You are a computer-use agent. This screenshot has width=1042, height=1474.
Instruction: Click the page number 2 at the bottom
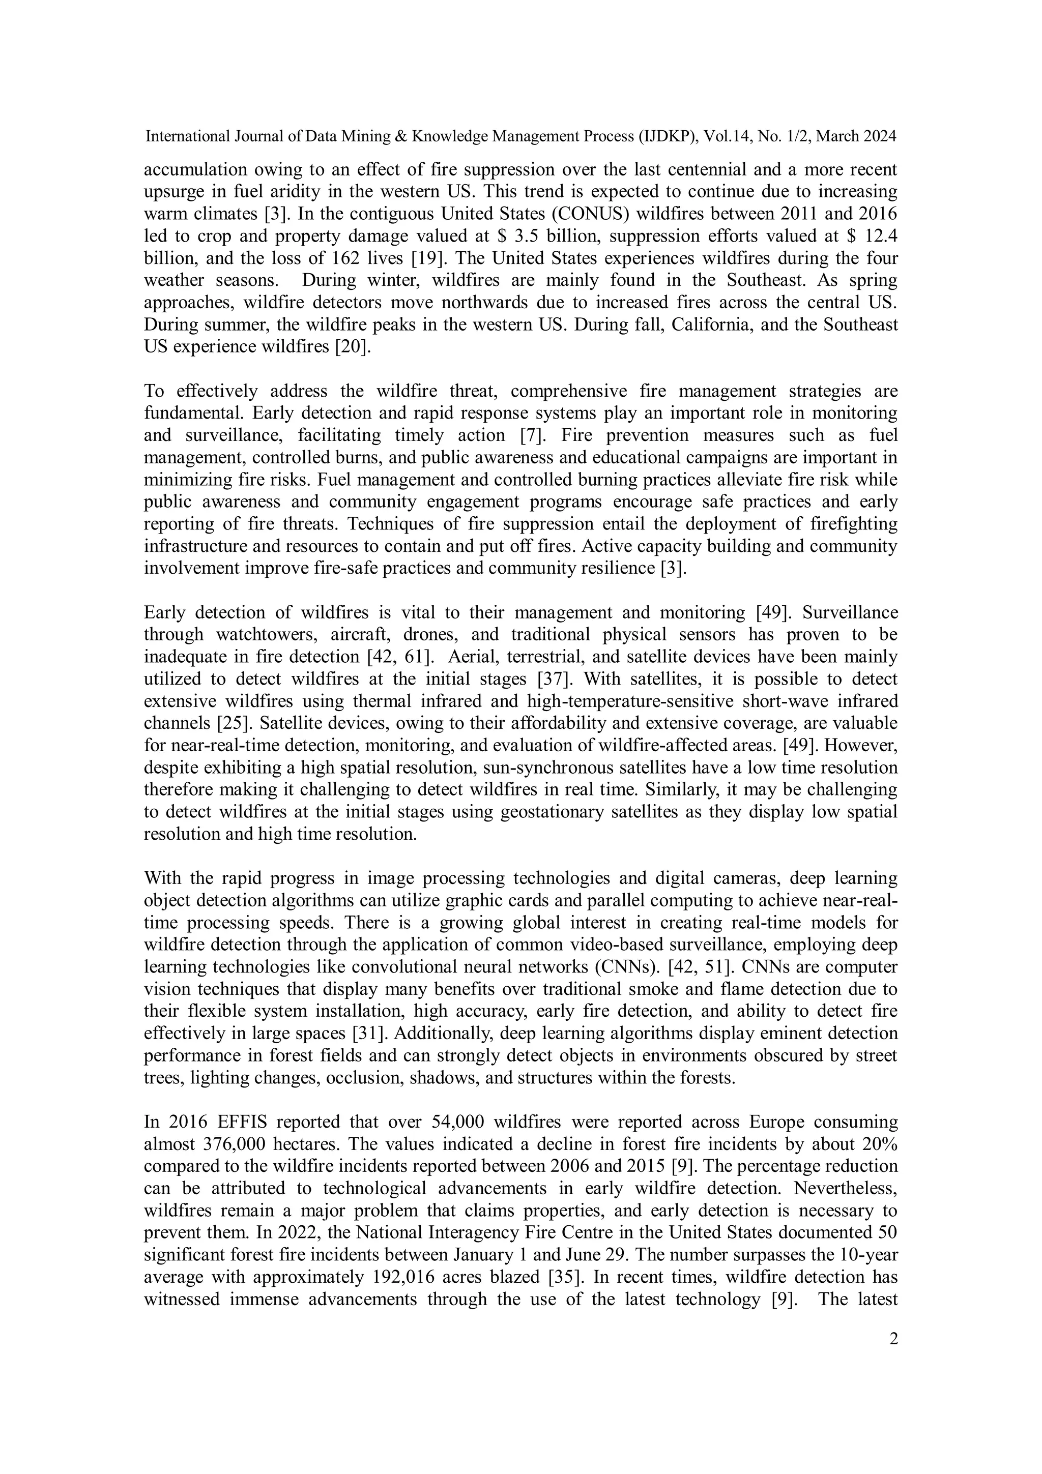(x=893, y=1339)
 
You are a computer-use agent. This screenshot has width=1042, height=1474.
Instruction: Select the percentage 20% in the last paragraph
(x=880, y=1144)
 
